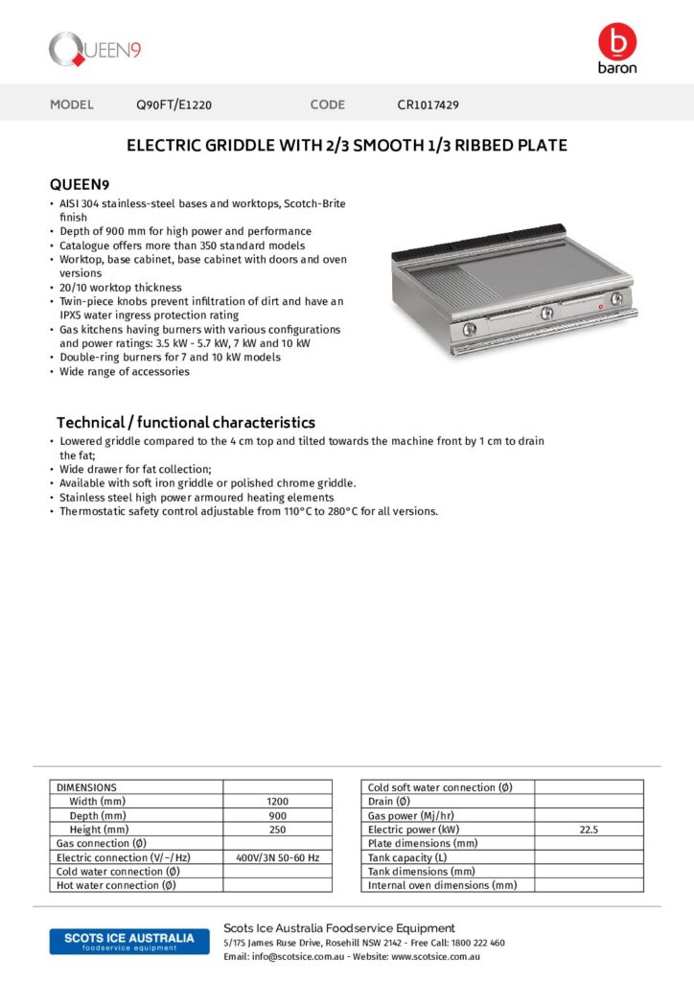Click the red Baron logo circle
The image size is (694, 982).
616,41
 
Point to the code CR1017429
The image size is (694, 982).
434,105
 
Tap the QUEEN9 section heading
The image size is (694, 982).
81,184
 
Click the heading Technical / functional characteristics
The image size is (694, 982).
185,422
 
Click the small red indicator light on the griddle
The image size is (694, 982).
601,308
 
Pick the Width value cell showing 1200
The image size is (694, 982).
277,802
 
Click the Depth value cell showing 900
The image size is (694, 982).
277,815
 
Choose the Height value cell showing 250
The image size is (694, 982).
277,830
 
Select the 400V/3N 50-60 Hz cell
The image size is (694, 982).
277,857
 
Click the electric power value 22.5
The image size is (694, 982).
589,830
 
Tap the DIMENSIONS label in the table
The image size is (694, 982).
86,787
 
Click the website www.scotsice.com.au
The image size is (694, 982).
435,957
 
